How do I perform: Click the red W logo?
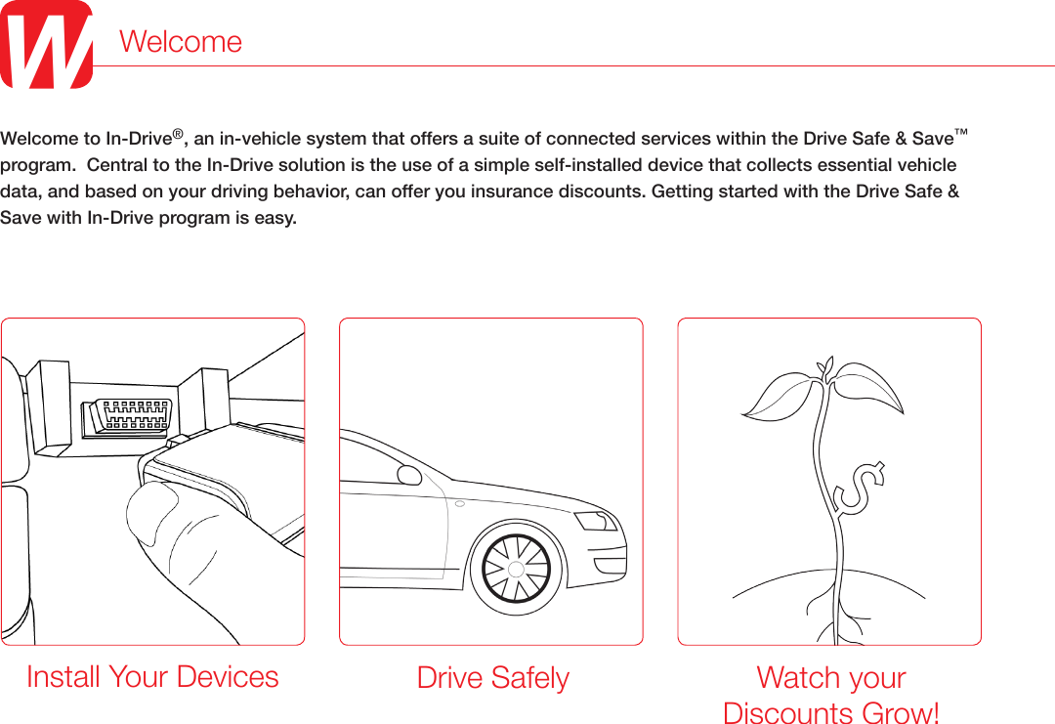tap(46, 45)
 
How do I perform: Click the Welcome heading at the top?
tap(181, 42)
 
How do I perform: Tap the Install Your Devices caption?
tap(152, 676)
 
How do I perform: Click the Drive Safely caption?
tap(492, 677)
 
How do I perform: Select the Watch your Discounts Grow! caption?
tap(831, 695)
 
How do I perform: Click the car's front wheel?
tap(515, 570)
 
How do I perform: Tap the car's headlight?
tap(593, 520)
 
